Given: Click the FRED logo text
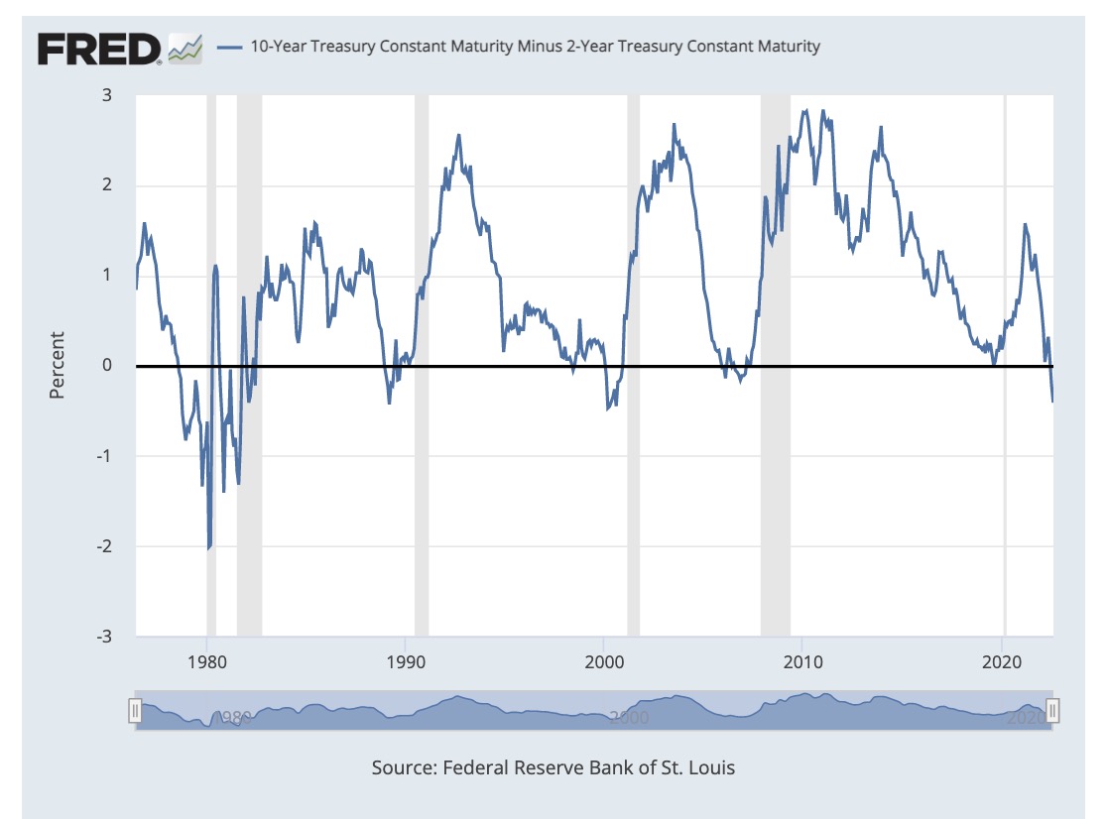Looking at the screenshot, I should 99,48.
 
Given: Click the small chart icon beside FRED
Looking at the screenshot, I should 185,48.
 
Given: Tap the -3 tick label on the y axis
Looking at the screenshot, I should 102,636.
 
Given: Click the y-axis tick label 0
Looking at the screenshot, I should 105,365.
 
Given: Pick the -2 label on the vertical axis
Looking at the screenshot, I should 102,545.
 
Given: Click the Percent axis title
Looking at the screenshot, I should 57,365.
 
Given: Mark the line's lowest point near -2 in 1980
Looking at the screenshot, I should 208,547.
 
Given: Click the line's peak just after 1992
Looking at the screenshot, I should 458,135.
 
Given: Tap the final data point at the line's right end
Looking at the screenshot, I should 1052,401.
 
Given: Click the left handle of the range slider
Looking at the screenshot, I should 136,710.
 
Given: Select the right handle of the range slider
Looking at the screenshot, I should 1053,710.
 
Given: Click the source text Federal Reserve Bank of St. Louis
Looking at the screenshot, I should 553,767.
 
